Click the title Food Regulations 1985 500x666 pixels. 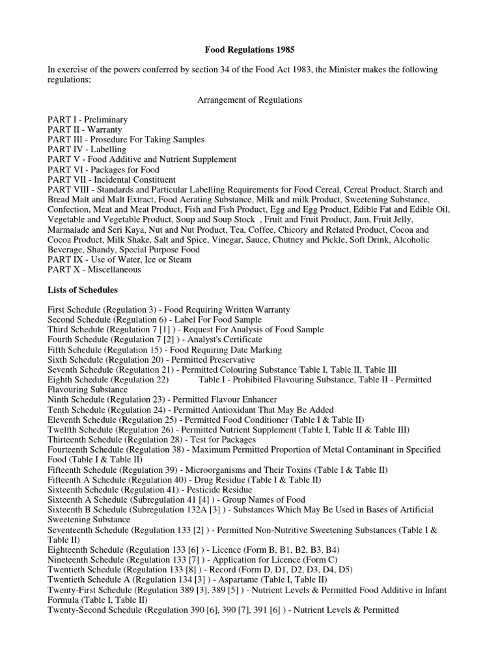pyautogui.click(x=250, y=49)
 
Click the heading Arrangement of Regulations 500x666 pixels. pyautogui.click(x=250, y=100)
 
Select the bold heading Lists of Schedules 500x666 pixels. pyautogui.click(x=83, y=289)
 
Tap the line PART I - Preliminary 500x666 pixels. pyautogui.click(x=87, y=120)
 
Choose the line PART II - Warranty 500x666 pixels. pyautogui.click(x=85, y=130)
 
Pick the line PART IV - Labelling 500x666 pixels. pyautogui.click(x=87, y=150)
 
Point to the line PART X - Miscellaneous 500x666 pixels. pyautogui.click(x=94, y=269)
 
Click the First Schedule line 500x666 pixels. pyautogui.click(x=169, y=310)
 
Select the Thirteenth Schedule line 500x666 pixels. pyautogui.click(x=152, y=440)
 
